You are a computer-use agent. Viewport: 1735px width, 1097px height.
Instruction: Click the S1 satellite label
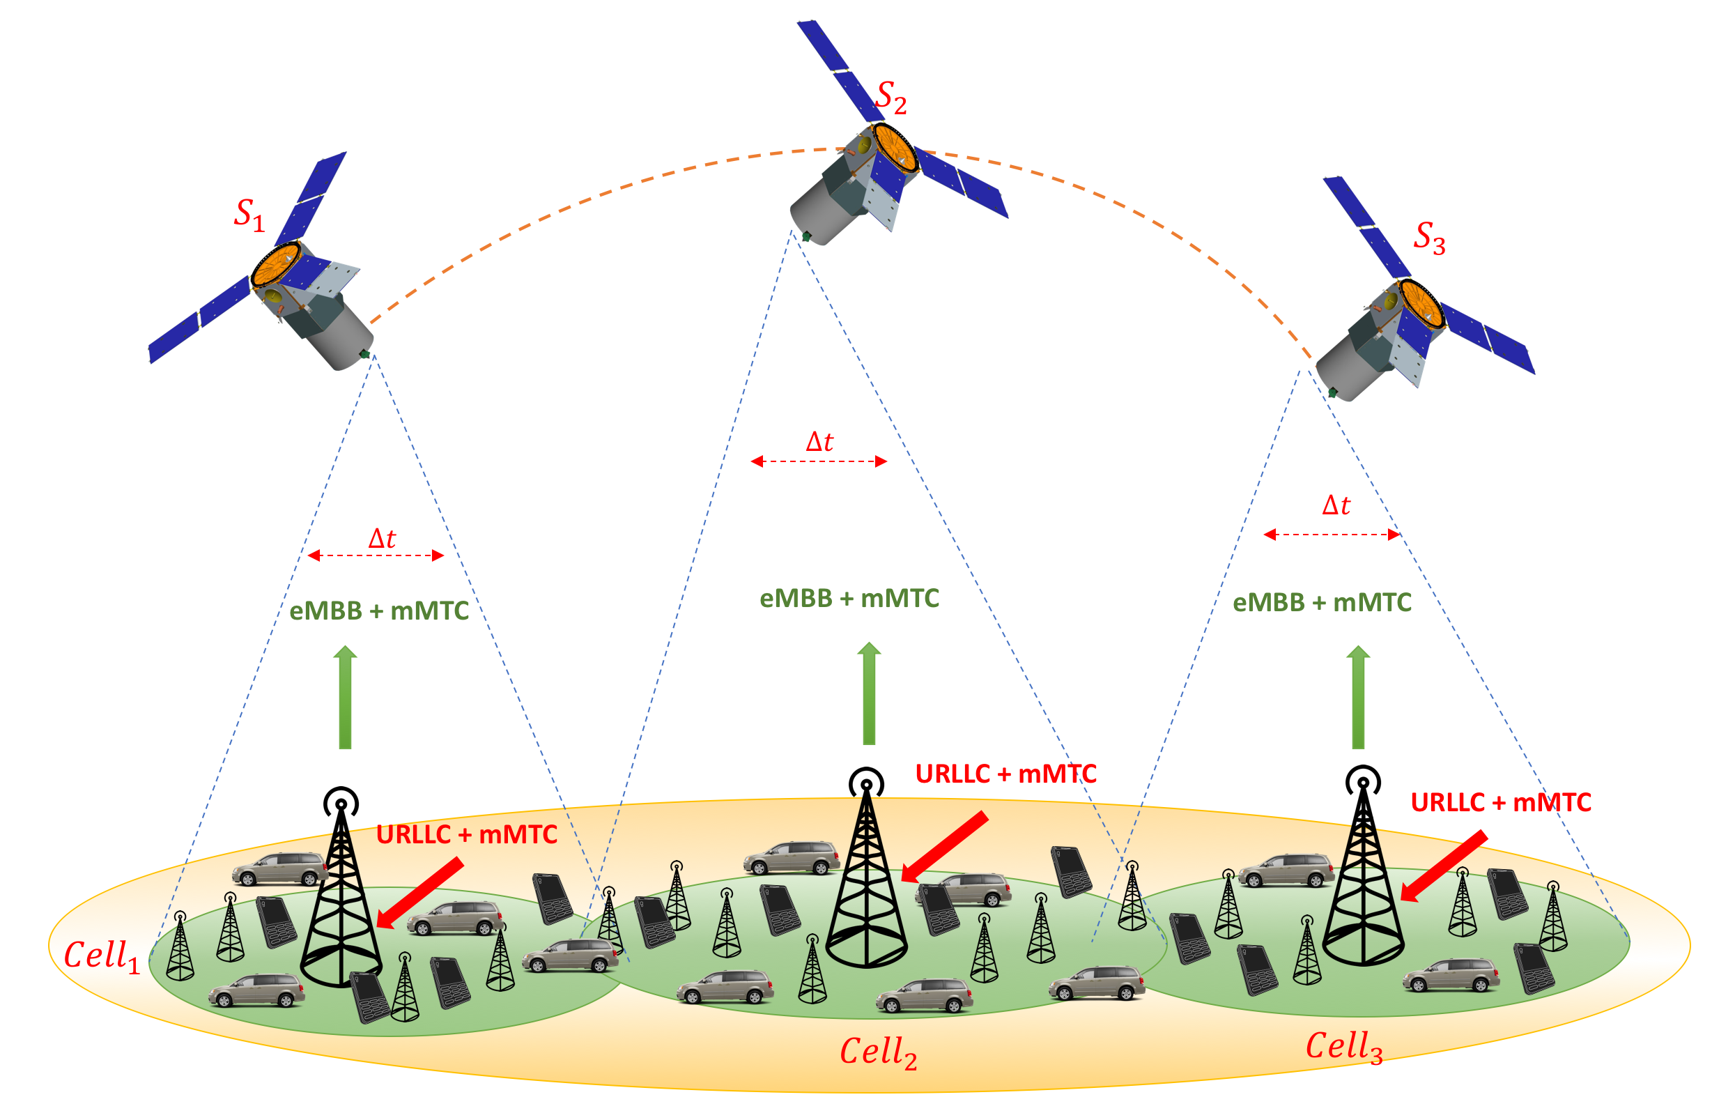pos(249,215)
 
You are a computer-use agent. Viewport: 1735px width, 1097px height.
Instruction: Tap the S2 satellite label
pos(890,98)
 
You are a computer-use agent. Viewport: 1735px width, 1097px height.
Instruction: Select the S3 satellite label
pos(1430,238)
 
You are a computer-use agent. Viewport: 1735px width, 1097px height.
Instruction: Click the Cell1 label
pos(102,956)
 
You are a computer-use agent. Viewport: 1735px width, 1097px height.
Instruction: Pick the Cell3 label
pos(1344,1047)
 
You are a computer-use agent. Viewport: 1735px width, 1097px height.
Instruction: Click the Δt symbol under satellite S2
pos(819,442)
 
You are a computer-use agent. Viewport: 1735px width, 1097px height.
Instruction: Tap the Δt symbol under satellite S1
pos(382,539)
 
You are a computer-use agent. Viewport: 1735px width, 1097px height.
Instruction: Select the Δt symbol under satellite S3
pos(1336,505)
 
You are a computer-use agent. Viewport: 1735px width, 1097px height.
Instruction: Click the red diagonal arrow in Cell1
pos(420,892)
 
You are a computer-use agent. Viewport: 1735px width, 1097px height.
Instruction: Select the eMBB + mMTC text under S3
pos(1322,603)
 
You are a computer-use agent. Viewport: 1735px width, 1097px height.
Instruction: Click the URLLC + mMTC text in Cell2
pos(1006,774)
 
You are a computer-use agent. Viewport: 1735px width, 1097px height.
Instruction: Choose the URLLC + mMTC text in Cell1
pos(467,835)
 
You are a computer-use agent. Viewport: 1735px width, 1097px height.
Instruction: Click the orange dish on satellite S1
pos(275,266)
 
